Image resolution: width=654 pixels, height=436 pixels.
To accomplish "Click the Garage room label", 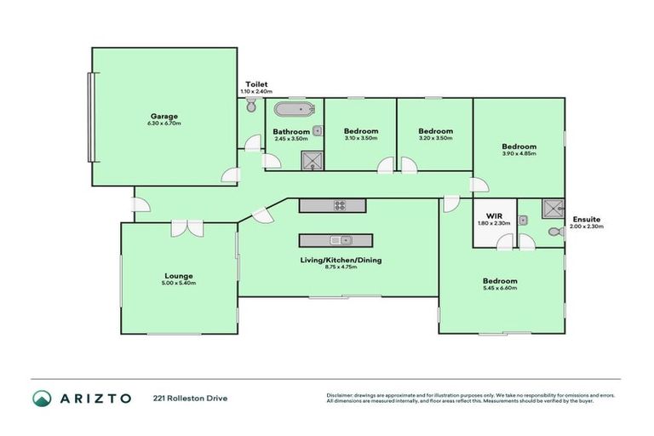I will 164,116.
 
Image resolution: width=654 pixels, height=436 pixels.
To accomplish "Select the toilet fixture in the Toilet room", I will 250,106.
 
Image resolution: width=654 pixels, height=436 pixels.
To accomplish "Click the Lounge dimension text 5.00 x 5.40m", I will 180,283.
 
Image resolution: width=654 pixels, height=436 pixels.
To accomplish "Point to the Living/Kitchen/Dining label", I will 340,260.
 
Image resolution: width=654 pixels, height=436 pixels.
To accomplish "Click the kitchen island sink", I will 338,239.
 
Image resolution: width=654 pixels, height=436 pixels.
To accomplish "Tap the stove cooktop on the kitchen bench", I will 339,205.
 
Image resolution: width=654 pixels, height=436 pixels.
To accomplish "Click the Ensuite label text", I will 585,218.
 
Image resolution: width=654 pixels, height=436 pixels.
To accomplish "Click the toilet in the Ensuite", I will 554,231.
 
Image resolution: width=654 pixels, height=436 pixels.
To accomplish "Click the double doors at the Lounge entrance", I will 186,228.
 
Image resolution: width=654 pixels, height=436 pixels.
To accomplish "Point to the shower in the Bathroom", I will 313,159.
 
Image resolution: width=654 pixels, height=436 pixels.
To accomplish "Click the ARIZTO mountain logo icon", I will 43,398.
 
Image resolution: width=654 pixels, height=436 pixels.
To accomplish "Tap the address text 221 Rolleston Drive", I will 190,398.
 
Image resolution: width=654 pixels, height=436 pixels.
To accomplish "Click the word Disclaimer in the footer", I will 342,395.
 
